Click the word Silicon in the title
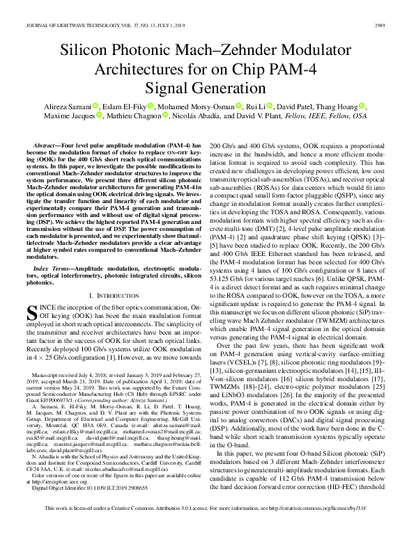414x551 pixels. pos(89,51)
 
